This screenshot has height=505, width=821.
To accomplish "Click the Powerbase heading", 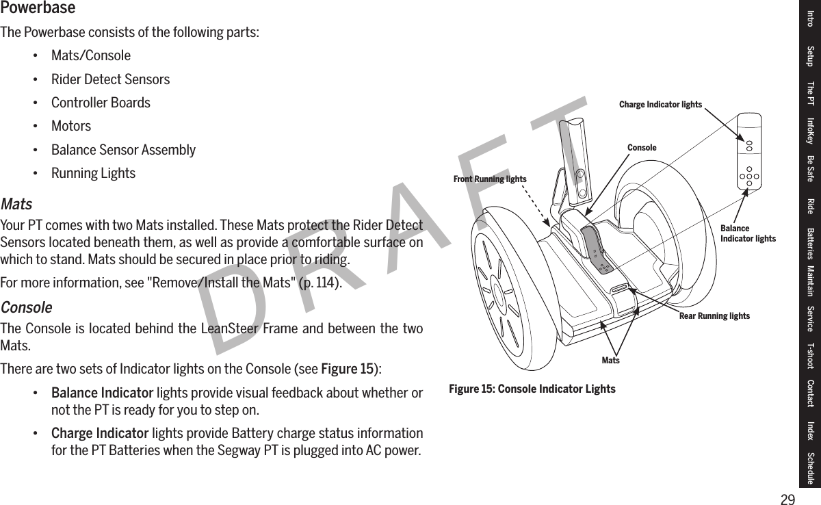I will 38,9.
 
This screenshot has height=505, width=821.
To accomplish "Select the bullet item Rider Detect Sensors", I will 110,79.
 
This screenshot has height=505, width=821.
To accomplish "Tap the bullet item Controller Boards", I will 101,103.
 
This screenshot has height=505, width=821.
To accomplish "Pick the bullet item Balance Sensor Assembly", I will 123,150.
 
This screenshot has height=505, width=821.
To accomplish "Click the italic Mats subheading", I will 16,205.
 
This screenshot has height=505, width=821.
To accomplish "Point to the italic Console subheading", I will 26,307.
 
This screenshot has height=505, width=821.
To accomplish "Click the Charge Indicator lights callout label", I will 660,105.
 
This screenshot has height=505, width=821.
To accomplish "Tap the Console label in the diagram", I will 642,148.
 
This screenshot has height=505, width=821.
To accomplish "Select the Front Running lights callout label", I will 490,179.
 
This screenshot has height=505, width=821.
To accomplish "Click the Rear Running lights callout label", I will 714,316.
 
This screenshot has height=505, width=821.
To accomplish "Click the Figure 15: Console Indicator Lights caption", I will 532,389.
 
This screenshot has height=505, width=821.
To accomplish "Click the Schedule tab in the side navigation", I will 811,468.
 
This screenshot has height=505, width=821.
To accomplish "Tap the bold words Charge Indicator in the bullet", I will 100,434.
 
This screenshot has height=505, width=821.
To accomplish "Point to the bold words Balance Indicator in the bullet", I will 102,393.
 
